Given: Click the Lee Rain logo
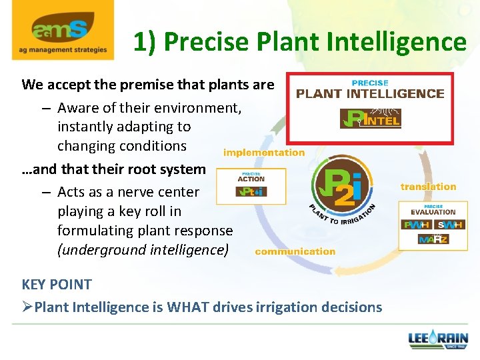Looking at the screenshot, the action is tap(438, 339).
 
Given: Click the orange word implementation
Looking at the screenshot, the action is tap(264, 153).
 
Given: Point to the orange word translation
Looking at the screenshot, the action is tap(428, 187).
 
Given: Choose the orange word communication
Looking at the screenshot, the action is tap(295, 251).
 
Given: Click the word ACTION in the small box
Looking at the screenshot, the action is tap(251, 179).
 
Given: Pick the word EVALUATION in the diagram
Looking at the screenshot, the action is tap(433, 213).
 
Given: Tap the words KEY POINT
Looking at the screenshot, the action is tap(57, 284).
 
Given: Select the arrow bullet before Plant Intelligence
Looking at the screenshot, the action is tap(27, 307).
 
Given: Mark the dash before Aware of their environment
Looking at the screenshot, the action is tap(45, 107).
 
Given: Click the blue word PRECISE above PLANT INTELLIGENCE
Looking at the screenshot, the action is tap(370, 83).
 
